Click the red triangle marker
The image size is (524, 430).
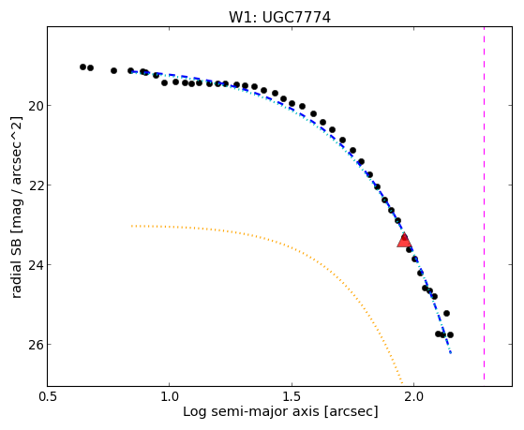[x=404, y=240]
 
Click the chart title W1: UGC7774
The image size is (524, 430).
[x=279, y=18]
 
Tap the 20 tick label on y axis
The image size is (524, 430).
[x=35, y=106]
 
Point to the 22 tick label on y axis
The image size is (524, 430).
[x=35, y=185]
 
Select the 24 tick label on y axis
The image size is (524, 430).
[x=35, y=264]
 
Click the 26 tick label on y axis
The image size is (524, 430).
[x=35, y=345]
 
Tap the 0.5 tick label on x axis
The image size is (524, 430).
[x=48, y=396]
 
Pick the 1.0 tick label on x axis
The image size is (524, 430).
[x=170, y=396]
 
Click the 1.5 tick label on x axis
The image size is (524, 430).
[x=292, y=396]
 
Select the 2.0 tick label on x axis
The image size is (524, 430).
[x=414, y=396]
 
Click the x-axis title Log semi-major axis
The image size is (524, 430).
[x=251, y=411]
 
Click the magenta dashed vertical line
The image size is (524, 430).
[x=484, y=204]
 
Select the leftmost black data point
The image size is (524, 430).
[x=82, y=67]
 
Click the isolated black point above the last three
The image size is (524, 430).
[x=446, y=314]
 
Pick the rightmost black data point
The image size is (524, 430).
[x=450, y=334]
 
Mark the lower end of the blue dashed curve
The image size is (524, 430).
[x=451, y=353]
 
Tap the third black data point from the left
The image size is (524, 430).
[x=114, y=71]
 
